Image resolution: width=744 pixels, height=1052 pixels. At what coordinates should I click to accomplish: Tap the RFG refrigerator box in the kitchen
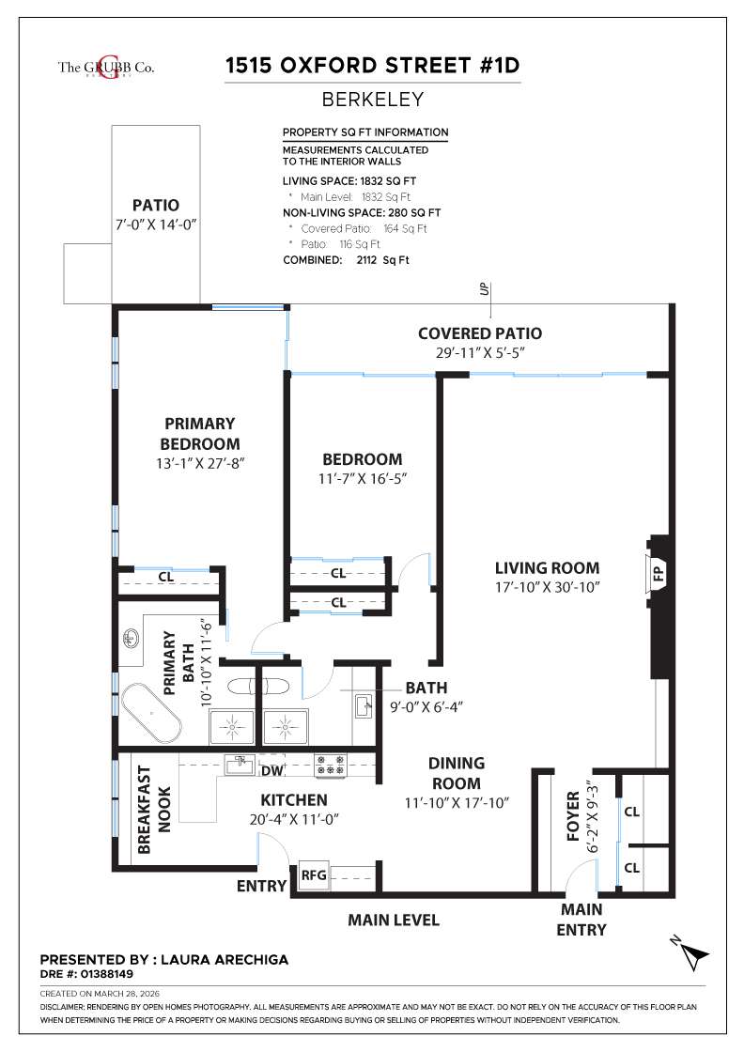(x=314, y=875)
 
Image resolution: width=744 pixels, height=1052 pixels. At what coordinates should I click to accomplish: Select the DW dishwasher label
(x=272, y=769)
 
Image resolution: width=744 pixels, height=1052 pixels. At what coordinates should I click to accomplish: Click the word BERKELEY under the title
(x=373, y=99)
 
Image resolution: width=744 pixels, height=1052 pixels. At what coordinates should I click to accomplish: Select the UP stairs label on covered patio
(x=485, y=288)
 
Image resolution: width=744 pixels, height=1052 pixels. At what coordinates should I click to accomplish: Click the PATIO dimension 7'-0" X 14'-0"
(x=155, y=224)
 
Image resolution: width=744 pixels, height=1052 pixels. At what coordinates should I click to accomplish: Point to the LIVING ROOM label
(x=547, y=568)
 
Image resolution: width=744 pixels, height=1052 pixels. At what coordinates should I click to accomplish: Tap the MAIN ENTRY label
(x=582, y=920)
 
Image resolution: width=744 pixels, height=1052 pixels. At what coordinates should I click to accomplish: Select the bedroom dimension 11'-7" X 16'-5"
(x=363, y=478)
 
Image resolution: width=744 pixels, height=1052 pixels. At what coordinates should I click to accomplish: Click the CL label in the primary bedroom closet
(x=164, y=577)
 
